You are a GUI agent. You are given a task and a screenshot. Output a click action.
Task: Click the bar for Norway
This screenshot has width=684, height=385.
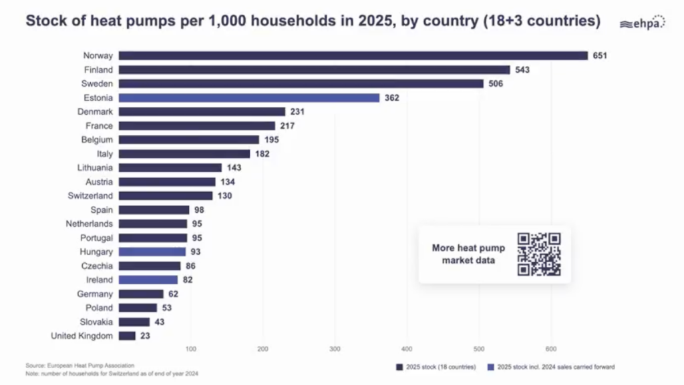coord(353,56)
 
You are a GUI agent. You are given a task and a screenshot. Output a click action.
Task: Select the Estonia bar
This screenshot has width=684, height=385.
coord(249,98)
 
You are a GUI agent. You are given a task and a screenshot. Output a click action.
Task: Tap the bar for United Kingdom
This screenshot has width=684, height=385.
coord(127,336)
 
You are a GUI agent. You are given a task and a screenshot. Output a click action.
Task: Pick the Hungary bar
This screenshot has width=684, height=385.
coord(152,252)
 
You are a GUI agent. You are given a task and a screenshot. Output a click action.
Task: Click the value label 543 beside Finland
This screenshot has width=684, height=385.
coord(522,69)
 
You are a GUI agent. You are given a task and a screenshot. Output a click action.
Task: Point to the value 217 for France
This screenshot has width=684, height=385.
coord(287,126)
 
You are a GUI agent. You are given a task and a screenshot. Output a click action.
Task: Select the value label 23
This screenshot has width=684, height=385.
coord(145,336)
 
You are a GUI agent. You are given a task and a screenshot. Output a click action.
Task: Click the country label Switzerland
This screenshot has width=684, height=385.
coord(90,196)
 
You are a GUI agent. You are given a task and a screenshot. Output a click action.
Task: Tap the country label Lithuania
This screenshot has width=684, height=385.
coord(95,167)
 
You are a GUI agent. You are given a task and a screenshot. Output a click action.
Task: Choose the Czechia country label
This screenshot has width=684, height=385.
coord(97,266)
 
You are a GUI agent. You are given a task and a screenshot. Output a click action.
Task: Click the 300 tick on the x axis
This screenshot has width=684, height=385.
coord(335,349)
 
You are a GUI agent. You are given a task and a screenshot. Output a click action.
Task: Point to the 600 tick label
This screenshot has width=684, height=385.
coord(551,349)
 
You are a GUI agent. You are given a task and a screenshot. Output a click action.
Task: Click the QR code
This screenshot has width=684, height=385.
coord(539,254)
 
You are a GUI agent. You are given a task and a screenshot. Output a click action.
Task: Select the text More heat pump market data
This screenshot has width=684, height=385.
coord(468,254)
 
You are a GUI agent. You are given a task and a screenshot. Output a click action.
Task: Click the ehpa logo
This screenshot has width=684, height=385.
coord(643,22)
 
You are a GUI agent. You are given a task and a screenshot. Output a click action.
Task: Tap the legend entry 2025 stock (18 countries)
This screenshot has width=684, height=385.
coord(436,367)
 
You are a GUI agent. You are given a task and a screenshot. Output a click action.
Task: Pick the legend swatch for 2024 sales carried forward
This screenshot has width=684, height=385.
coord(491,367)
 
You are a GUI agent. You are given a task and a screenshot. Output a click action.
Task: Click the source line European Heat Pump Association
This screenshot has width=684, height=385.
coord(80,366)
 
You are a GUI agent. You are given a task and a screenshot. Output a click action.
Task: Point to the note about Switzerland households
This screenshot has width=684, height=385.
coord(112,374)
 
